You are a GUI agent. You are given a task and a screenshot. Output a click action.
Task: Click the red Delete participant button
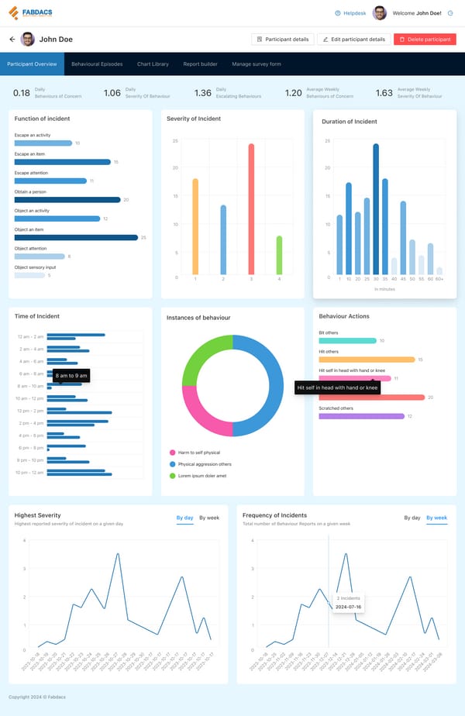pos(425,39)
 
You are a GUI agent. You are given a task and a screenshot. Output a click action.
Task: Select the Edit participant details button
pos(353,39)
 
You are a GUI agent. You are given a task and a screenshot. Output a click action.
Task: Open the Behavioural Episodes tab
pos(97,64)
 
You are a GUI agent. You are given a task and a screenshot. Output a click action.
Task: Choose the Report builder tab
pos(200,64)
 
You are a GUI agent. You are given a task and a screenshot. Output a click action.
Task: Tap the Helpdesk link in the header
pos(350,13)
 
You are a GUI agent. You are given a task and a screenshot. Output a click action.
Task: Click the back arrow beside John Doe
pos(12,39)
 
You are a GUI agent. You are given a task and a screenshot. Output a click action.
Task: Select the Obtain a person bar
pos(67,200)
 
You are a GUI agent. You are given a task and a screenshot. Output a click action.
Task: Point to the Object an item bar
pos(76,237)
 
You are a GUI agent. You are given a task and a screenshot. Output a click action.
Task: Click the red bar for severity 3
pos(251,209)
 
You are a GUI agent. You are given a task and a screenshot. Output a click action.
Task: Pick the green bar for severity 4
pos(279,256)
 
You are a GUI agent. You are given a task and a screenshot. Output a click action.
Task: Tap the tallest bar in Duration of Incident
pos(376,209)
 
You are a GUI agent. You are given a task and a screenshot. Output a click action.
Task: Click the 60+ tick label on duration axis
pos(439,279)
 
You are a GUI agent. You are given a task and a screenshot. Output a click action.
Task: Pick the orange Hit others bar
pos(367,360)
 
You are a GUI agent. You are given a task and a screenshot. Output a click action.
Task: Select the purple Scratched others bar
pos(362,416)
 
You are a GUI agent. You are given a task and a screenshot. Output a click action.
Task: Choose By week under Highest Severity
pos(209,518)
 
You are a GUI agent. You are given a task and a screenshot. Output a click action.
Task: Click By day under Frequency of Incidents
pos(412,518)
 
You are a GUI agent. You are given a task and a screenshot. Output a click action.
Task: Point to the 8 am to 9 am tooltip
pos(72,376)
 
